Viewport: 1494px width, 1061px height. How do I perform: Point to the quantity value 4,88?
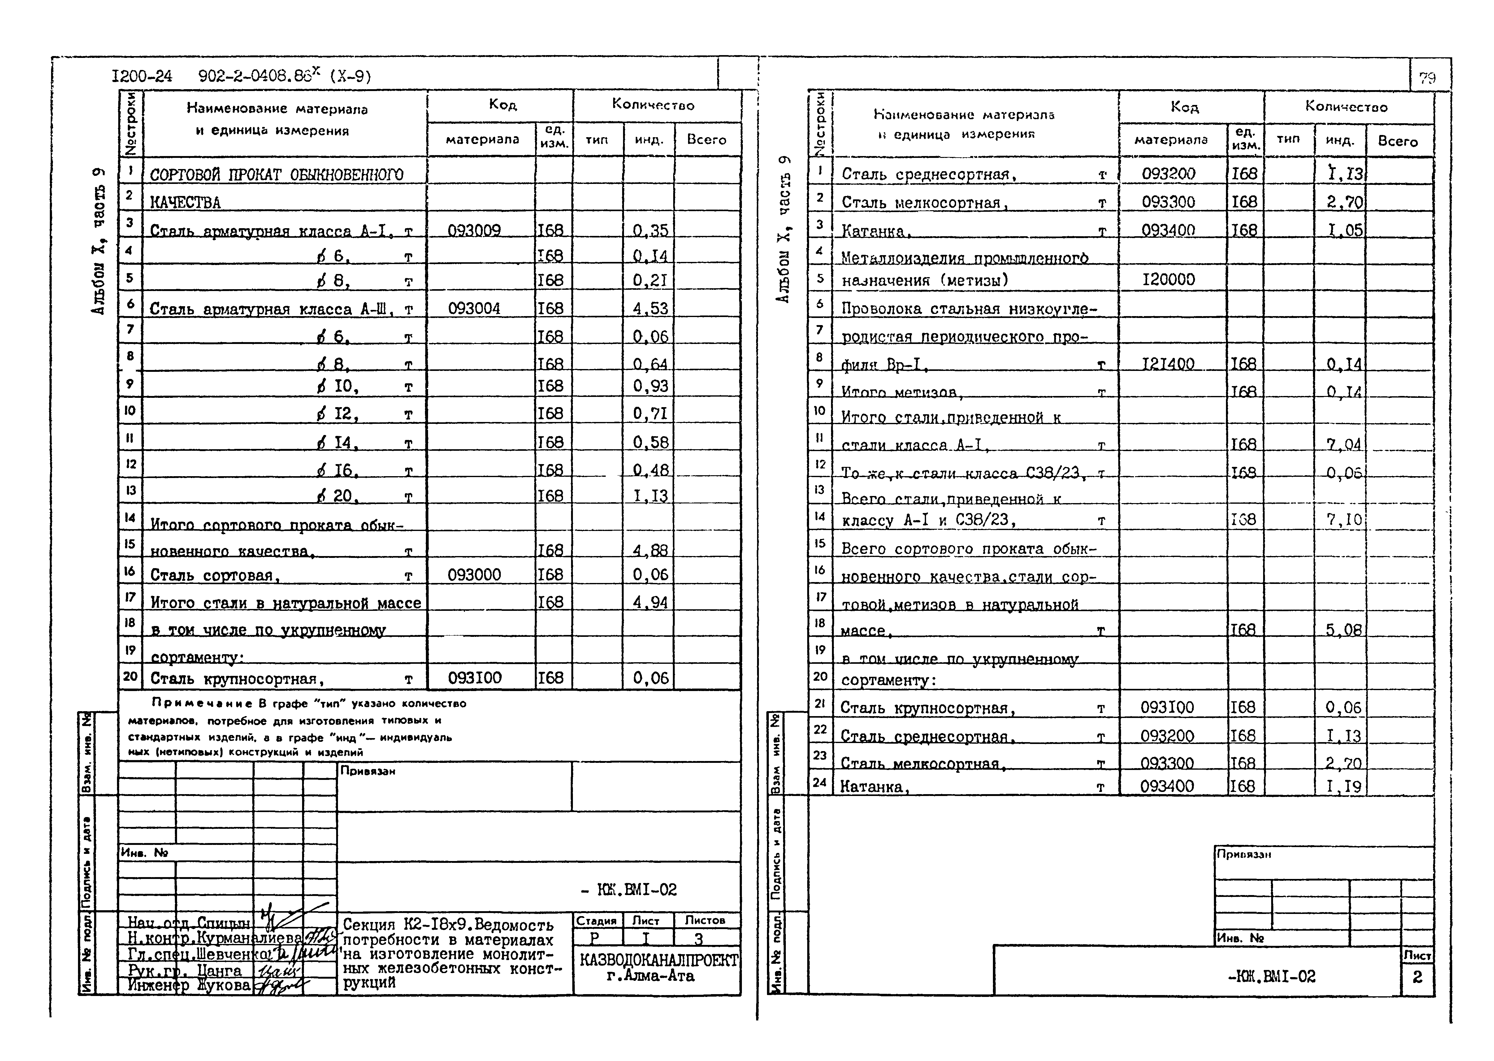tap(650, 550)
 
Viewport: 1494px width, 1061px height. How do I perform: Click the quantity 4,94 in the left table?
tap(650, 602)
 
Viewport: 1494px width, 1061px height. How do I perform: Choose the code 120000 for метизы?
tap(1168, 280)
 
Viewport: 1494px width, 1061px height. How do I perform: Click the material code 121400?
tap(1168, 364)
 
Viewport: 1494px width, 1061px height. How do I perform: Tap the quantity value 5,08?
tap(1344, 630)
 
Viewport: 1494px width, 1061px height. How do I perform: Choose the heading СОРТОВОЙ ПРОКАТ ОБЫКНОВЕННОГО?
tap(277, 174)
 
